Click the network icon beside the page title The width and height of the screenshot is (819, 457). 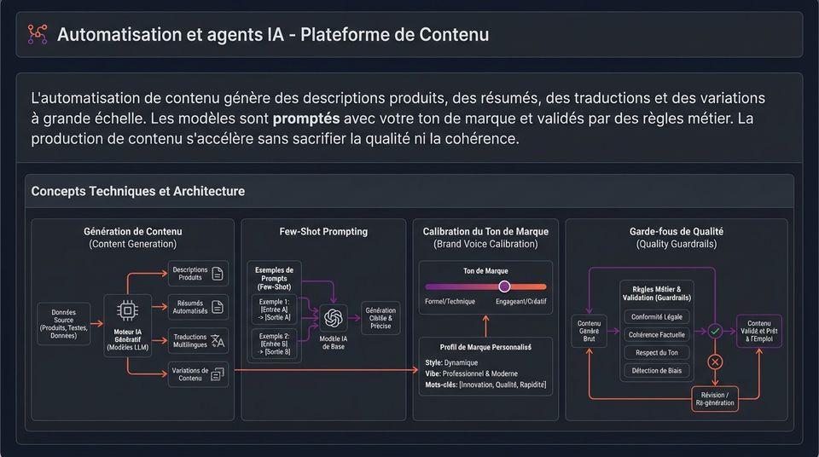point(37,34)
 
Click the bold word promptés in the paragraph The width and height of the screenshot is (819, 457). point(306,119)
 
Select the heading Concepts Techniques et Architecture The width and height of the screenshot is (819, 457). point(138,191)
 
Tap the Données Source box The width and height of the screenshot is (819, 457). point(64,324)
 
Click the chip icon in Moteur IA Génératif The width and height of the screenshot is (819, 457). point(127,310)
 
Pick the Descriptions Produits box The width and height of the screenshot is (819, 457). point(198,274)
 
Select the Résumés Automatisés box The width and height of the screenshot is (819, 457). point(198,307)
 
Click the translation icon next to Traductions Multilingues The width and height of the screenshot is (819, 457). point(218,341)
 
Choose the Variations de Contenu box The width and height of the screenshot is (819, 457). point(198,374)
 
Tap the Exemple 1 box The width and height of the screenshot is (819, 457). point(274,309)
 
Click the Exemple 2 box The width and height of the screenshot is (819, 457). point(274,344)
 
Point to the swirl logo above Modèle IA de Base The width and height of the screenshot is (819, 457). point(334,317)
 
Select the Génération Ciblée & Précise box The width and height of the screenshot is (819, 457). point(380,317)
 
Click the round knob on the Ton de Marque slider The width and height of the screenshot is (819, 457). point(504,286)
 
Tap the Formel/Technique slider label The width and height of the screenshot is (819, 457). point(450,301)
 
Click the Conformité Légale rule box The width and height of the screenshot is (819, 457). point(657,317)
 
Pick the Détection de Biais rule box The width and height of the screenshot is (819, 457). point(657,371)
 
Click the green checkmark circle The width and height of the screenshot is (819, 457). point(715,331)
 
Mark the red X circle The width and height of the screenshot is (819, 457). point(715,362)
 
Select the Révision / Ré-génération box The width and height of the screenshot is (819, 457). point(715,399)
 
